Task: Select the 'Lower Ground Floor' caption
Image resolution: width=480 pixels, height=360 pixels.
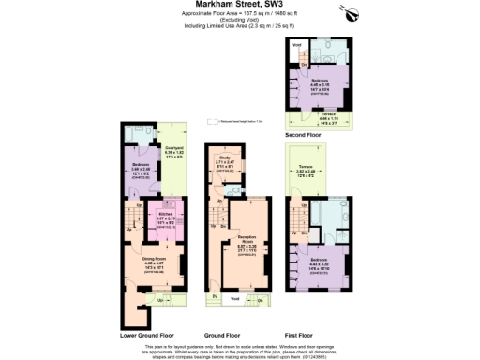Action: (146, 334)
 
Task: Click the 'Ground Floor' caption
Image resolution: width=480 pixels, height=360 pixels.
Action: (221, 334)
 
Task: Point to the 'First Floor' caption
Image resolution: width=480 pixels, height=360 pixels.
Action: (297, 334)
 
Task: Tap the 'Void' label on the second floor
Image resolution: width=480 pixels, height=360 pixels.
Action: (298, 45)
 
